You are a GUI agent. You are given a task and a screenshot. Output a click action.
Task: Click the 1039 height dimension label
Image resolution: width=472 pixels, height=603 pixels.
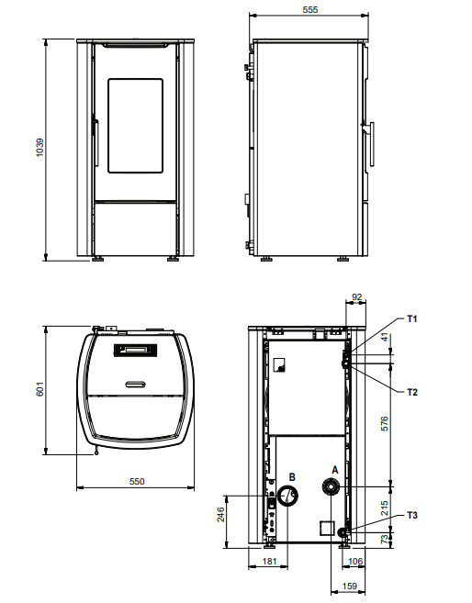[39, 149]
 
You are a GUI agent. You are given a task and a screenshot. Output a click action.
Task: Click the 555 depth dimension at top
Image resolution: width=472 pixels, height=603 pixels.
[309, 9]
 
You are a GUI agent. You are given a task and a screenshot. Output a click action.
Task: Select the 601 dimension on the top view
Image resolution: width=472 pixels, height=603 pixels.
[39, 389]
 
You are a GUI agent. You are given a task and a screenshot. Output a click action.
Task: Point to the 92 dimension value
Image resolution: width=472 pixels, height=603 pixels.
[358, 297]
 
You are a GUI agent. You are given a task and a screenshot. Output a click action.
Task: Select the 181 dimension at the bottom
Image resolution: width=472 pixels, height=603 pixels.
[269, 560]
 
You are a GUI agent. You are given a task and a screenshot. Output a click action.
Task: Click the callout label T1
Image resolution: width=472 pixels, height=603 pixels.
[413, 318]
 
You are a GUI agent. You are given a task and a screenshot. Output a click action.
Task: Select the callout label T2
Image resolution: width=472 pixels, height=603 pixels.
[413, 392]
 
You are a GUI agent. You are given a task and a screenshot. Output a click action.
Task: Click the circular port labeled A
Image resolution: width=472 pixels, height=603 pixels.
[331, 486]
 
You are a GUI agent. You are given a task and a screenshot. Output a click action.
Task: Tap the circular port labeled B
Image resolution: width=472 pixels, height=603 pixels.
[288, 497]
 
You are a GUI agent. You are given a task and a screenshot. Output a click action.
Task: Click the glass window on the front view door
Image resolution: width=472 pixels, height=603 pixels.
[136, 125]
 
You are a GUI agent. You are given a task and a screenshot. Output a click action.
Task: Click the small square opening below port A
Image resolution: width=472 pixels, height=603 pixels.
[326, 528]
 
